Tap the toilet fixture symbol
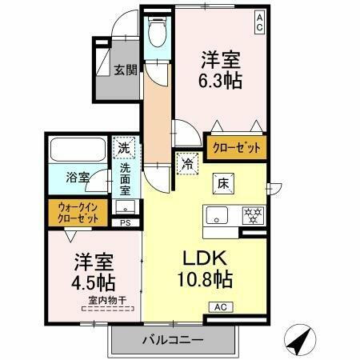[x=158, y=34]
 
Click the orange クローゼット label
[x=237, y=147]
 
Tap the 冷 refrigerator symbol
[x=186, y=164]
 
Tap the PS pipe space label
[x=124, y=222]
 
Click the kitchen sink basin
[x=218, y=214]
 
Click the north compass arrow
[x=298, y=342]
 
